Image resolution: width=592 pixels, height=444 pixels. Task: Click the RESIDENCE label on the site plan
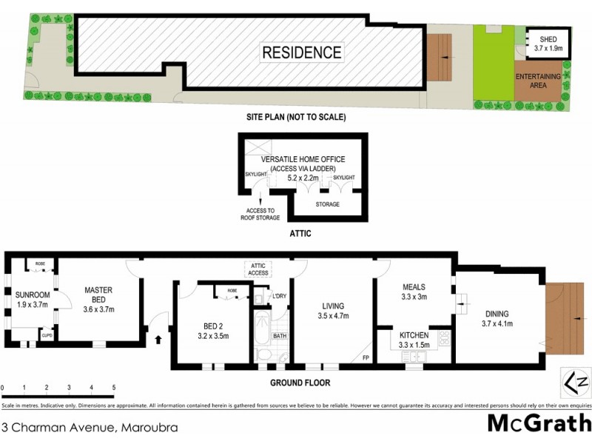302,53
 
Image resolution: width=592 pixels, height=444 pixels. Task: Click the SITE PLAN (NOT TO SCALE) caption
296,117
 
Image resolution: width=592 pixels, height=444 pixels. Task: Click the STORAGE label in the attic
327,204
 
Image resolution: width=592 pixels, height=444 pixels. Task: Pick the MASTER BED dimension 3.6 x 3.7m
98,309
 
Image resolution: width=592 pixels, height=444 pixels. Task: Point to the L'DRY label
279,297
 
